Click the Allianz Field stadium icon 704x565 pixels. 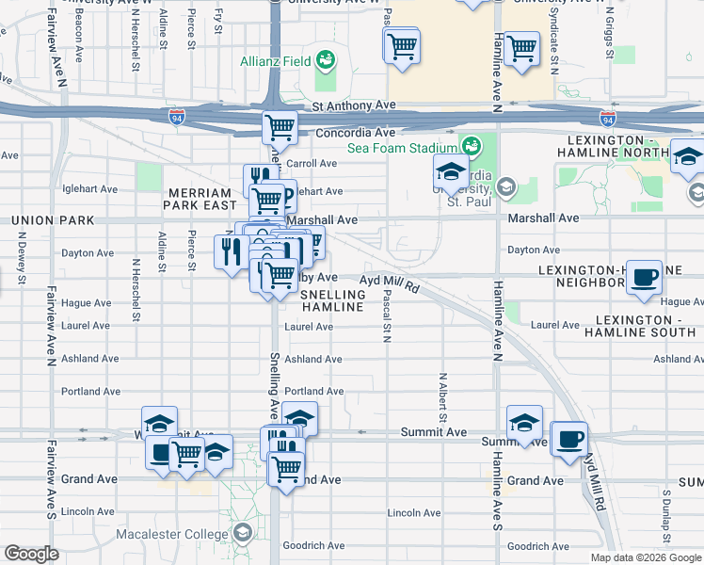[327, 60]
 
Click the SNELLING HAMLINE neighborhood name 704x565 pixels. [332, 300]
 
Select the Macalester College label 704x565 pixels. [169, 535]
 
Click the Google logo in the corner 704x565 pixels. [31, 554]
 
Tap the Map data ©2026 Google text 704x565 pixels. [645, 557]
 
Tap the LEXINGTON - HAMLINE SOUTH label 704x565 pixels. [639, 326]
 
